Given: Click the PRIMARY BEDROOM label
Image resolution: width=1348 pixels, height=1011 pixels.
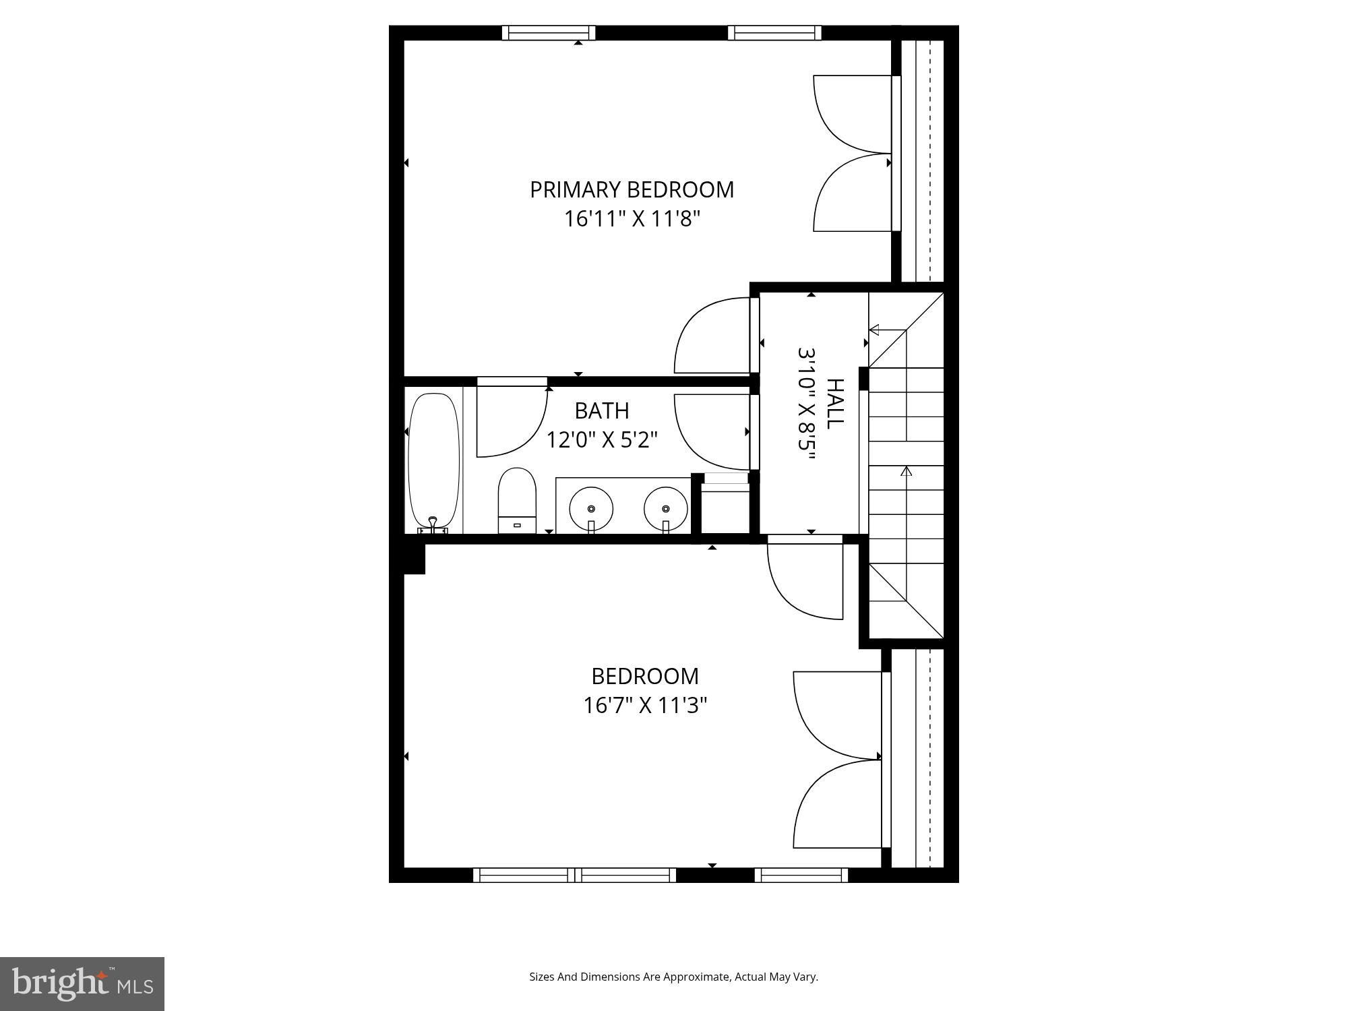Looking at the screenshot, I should tap(632, 190).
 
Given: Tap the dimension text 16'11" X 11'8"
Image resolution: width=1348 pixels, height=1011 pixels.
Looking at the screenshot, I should tap(632, 219).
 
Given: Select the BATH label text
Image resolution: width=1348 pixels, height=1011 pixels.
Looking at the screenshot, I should tap(601, 410).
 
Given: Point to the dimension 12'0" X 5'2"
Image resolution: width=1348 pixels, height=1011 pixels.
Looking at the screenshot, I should tap(601, 440).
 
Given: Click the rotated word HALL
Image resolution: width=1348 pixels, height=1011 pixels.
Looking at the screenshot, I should tap(834, 403).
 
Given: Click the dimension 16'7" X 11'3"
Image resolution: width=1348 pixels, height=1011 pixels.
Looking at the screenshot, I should tap(644, 706).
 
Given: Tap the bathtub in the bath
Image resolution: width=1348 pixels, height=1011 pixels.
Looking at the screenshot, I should tap(433, 460).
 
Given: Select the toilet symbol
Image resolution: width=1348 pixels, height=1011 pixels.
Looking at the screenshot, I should tap(517, 500).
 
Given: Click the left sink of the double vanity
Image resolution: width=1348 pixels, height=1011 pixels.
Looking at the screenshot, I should tap(591, 509).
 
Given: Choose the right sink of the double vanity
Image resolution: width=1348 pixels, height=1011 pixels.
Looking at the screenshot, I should tap(665, 509).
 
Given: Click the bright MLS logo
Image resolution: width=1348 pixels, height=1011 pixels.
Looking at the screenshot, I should tap(82, 984).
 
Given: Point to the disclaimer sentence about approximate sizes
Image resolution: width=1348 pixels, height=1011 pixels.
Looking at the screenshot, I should tap(673, 977).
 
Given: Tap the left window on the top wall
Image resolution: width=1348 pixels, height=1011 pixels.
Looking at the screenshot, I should tap(549, 32).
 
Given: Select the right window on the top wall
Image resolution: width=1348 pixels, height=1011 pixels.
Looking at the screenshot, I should tap(774, 32).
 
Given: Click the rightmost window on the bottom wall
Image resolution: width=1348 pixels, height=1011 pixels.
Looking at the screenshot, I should tap(801, 875).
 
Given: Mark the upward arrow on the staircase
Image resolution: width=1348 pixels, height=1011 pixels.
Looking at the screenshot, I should tap(906, 471).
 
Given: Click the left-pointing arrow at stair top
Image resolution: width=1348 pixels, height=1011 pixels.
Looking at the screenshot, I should tap(874, 330).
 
